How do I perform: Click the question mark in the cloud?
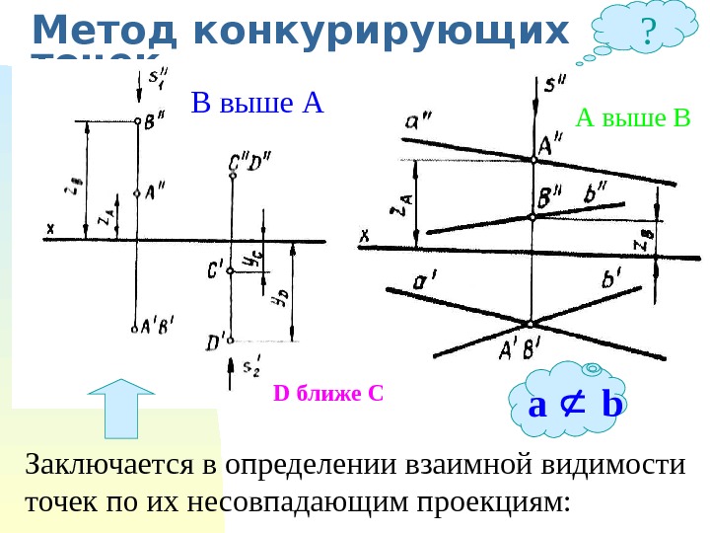tap(647, 33)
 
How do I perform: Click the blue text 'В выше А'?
tap(257, 103)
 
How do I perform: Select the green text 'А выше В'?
tap(634, 119)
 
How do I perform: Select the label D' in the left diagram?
tap(215, 342)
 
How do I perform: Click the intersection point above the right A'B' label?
tap(531, 324)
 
